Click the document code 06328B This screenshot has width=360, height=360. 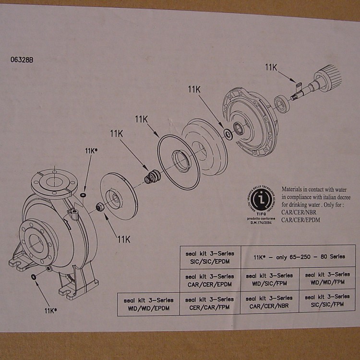(22, 60)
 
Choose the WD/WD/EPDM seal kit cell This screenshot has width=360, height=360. (148, 303)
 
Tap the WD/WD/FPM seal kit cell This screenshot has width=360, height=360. (327, 278)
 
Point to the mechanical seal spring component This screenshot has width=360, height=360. (152, 177)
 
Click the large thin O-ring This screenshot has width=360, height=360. (179, 160)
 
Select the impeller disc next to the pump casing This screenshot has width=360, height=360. (116, 196)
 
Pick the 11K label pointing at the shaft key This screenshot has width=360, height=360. (271, 68)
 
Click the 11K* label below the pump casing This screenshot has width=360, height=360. (51, 311)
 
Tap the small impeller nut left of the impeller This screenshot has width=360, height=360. (99, 207)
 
